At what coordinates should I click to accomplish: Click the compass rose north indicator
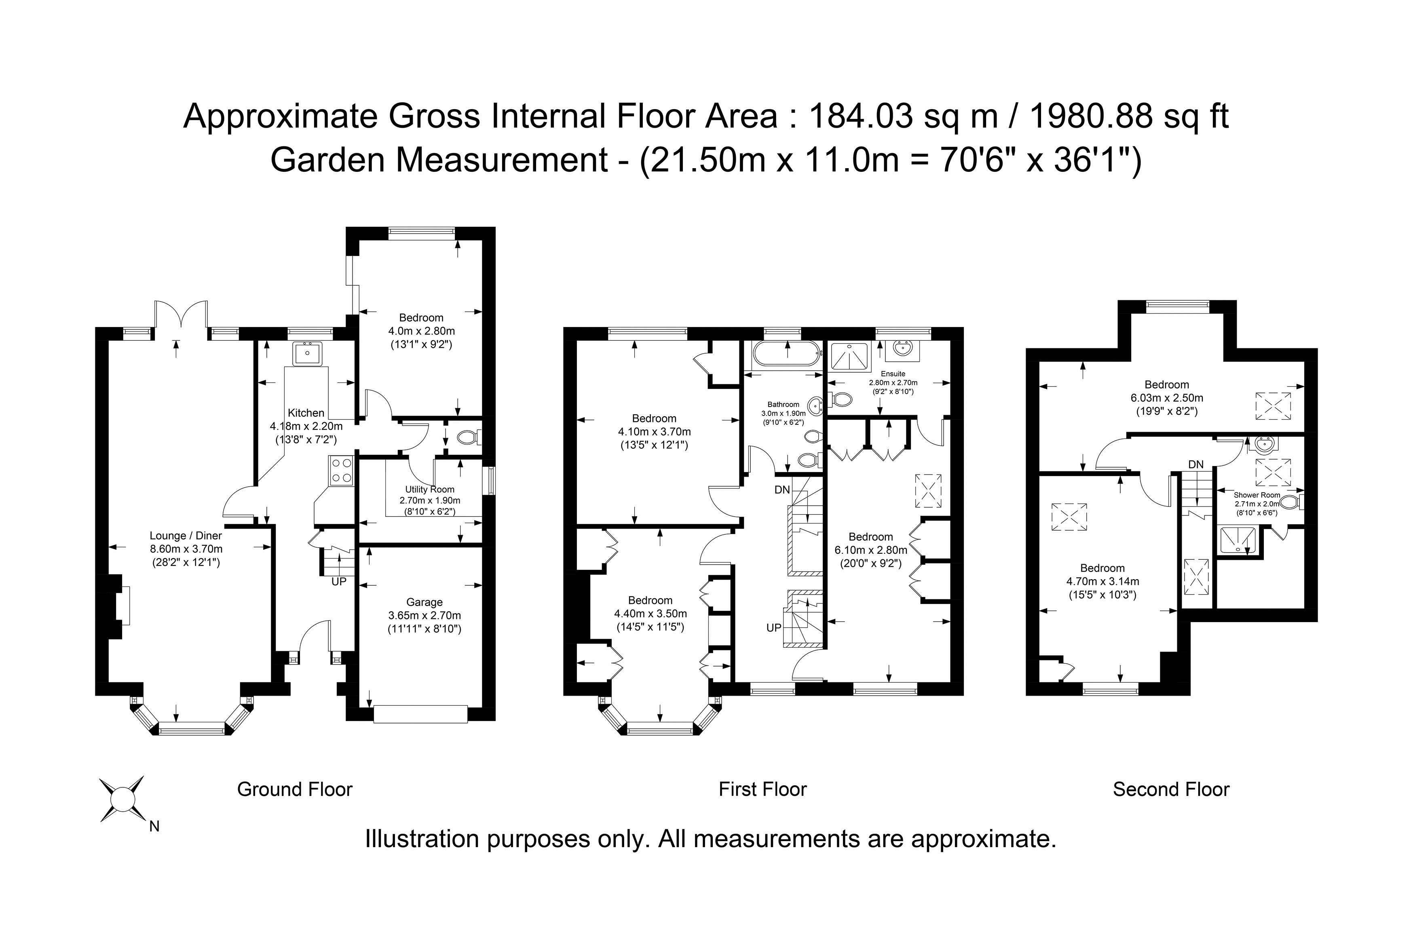click(x=122, y=799)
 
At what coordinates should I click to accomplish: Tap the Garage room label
click(x=424, y=602)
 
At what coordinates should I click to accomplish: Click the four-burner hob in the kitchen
click(x=341, y=470)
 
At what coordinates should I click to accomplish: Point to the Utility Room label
click(x=429, y=489)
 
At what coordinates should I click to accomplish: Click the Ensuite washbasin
click(x=902, y=349)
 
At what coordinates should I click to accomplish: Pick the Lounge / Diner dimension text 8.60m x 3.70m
click(x=186, y=549)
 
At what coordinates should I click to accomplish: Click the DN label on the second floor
click(x=1196, y=464)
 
